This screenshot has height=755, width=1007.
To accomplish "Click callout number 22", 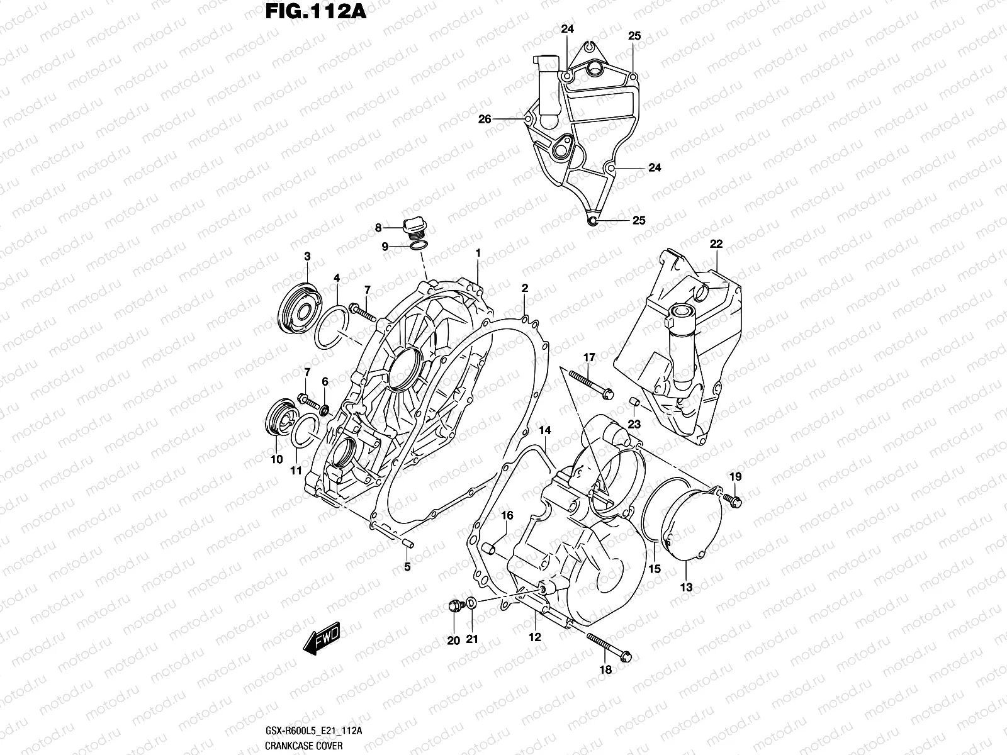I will (716, 244).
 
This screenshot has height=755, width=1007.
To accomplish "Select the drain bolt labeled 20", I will (453, 607).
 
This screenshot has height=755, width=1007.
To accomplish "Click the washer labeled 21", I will (472, 604).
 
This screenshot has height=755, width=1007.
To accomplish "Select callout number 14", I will (544, 430).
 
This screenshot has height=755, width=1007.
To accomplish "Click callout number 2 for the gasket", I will (524, 288).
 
